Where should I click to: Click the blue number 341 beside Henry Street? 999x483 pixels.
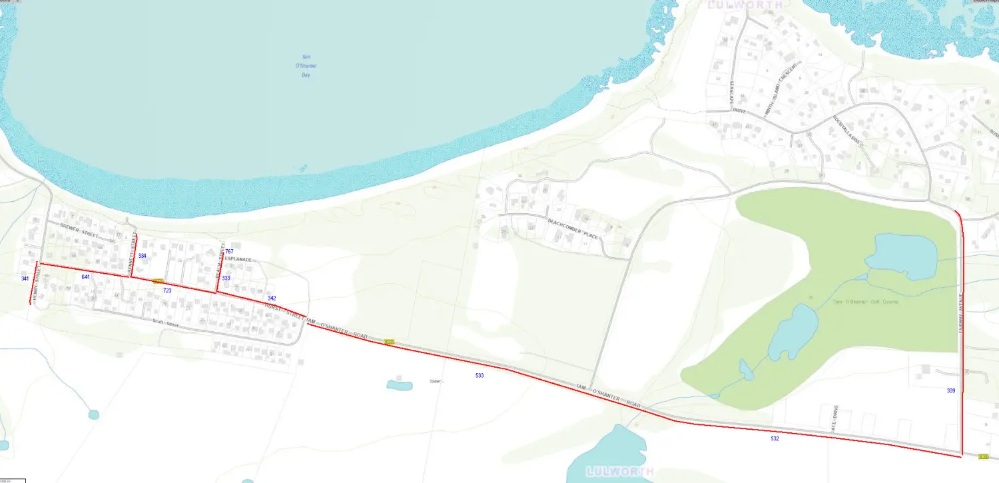[x=25, y=278]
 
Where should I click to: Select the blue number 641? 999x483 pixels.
[x=85, y=276]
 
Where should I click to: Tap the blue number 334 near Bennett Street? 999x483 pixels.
[x=142, y=256]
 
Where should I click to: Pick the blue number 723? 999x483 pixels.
[x=167, y=291]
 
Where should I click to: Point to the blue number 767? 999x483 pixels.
[x=229, y=251]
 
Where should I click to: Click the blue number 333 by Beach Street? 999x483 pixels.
[x=226, y=278]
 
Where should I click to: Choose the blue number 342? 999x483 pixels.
[x=271, y=298]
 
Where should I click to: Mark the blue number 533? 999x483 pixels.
[x=480, y=376]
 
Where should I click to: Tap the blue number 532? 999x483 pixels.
[x=775, y=438]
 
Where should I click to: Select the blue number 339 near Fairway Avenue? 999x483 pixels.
[x=951, y=390]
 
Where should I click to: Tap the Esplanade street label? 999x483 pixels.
[x=238, y=259]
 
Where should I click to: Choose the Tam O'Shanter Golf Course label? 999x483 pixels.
[x=865, y=302]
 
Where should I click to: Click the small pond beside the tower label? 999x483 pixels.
[x=399, y=385]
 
